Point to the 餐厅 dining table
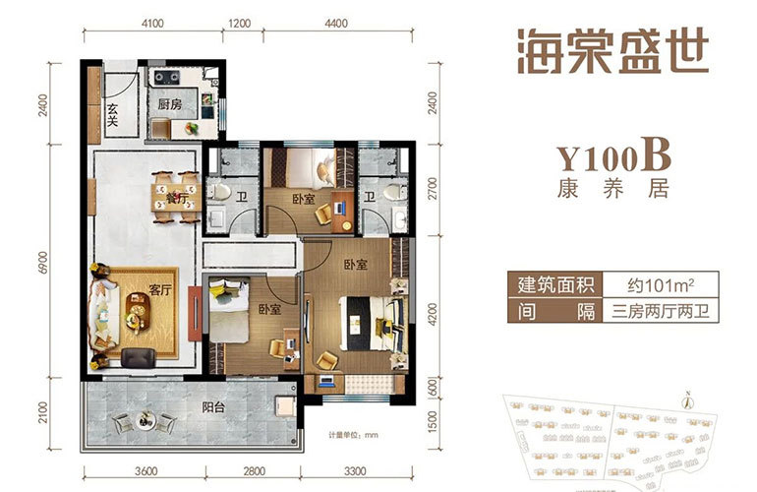pyautogui.click(x=176, y=194)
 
